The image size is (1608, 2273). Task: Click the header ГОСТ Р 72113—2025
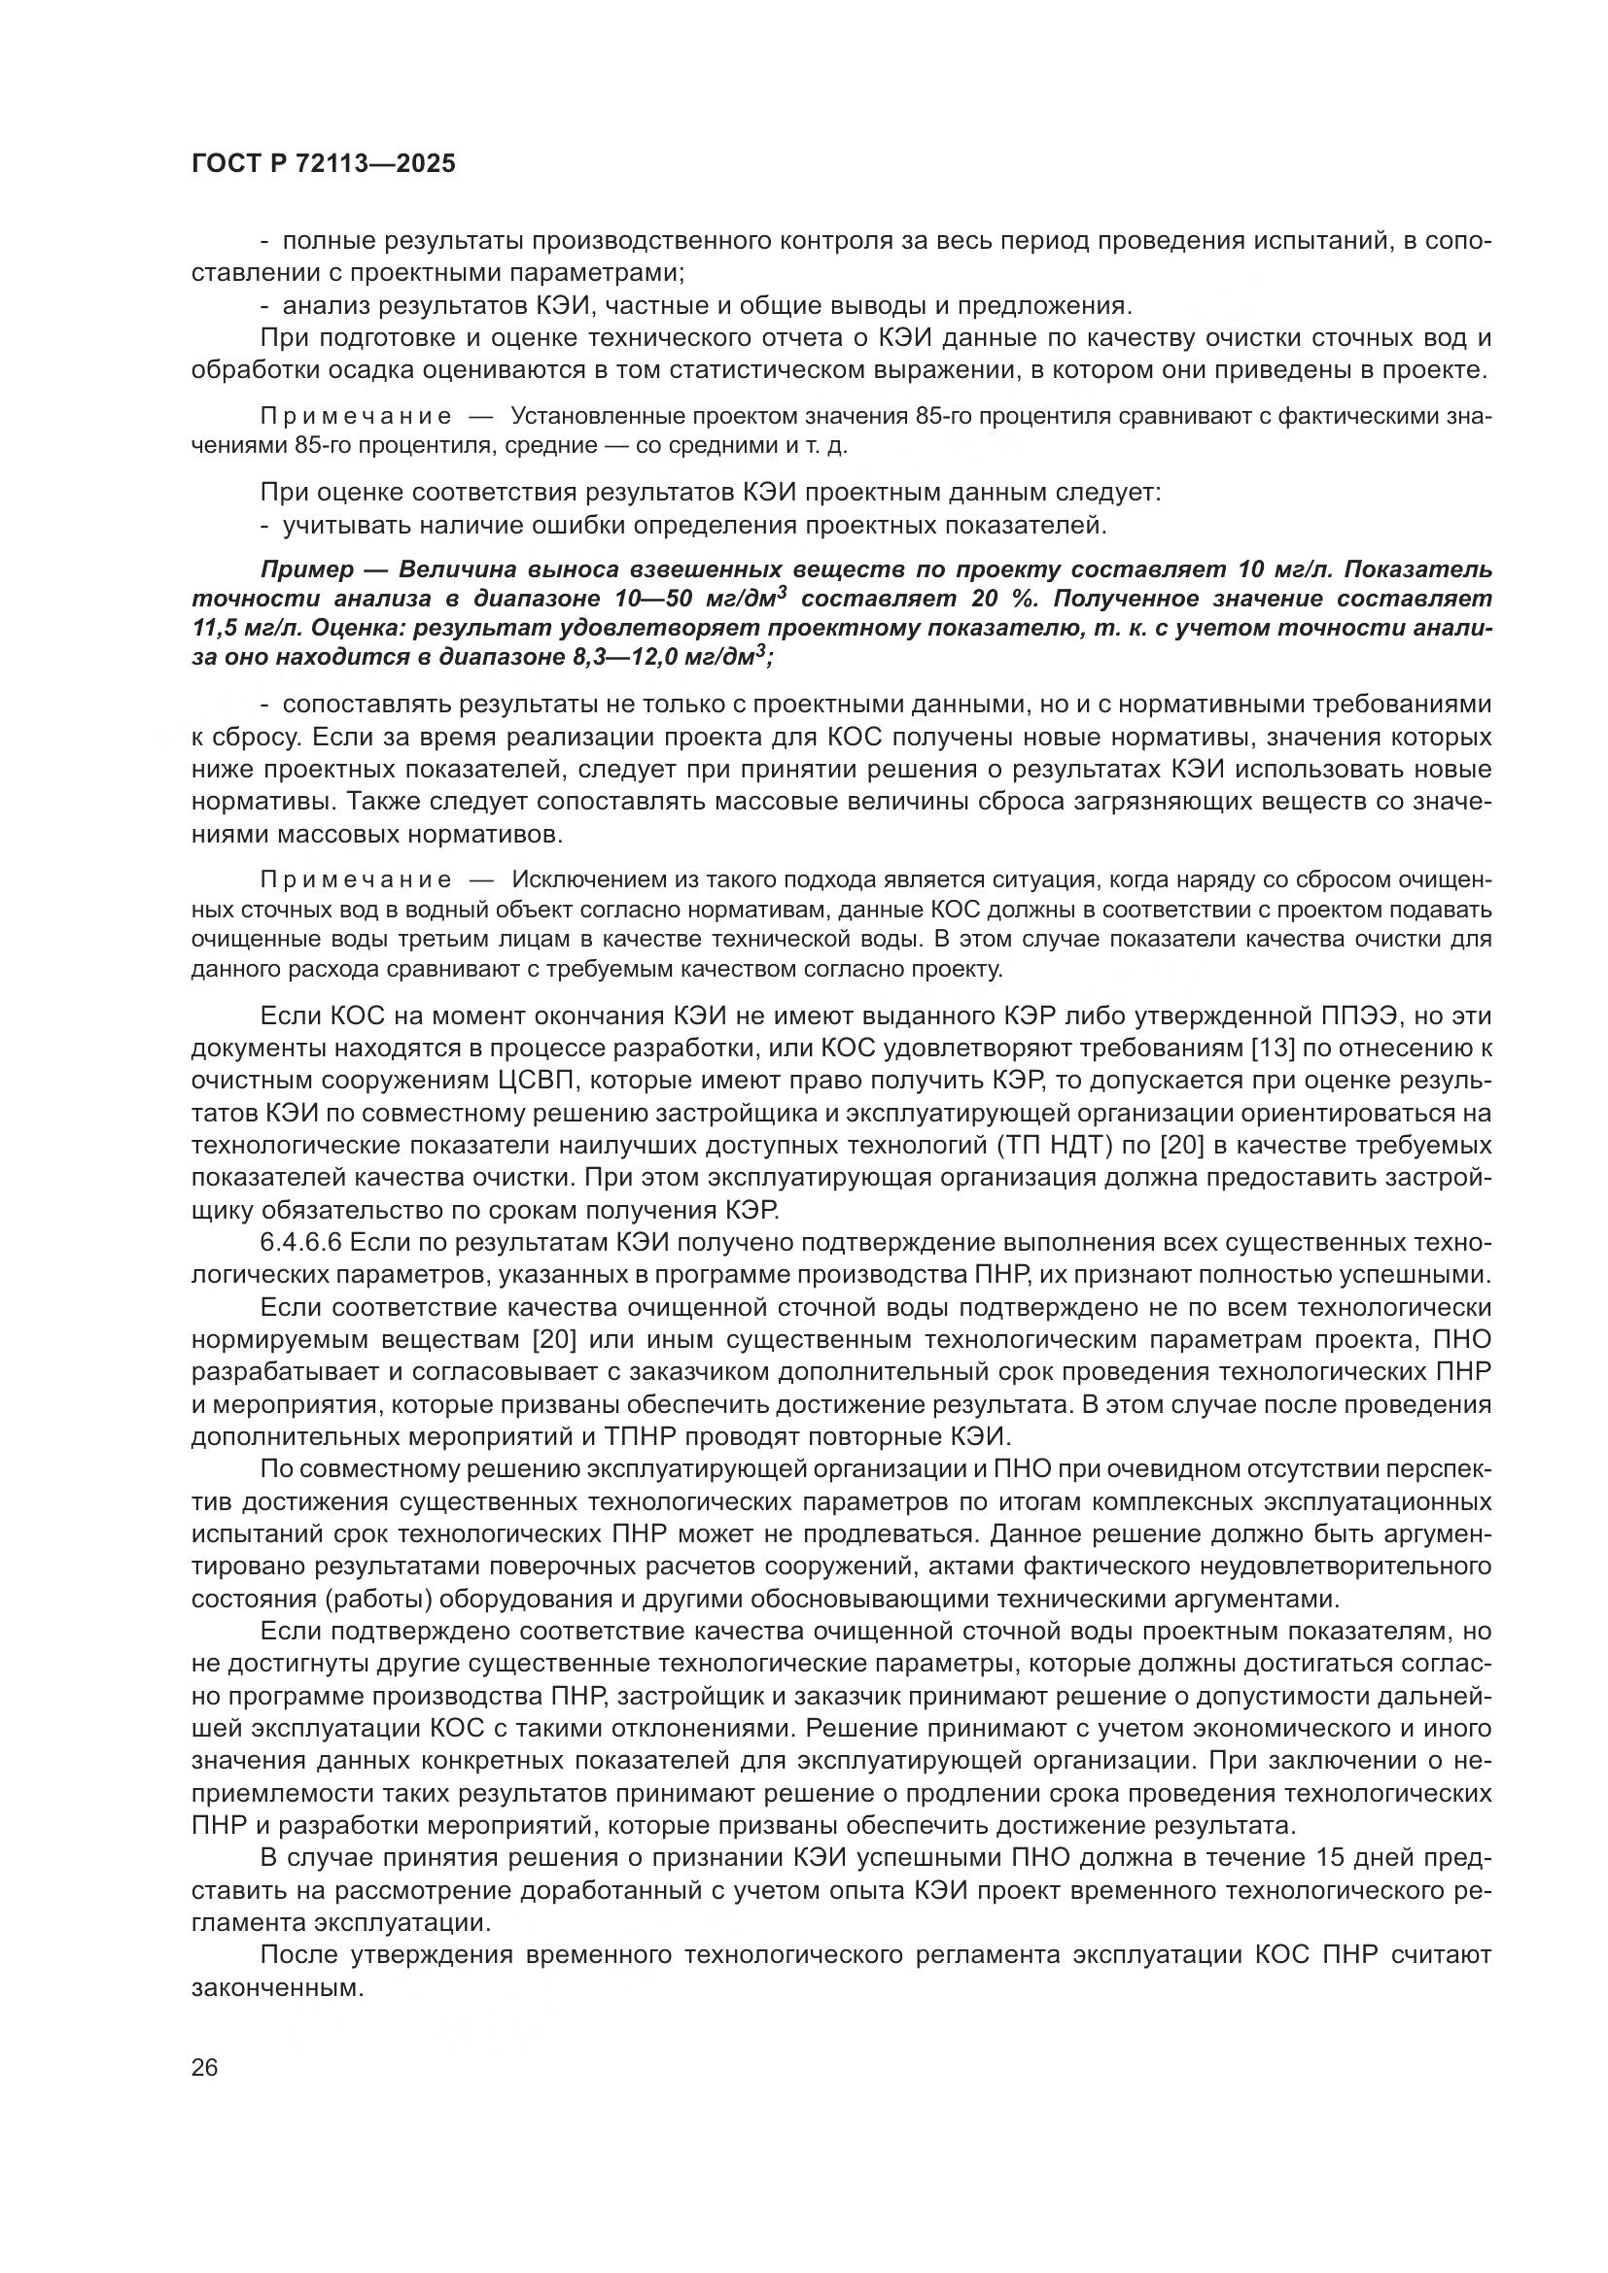[x=324, y=164]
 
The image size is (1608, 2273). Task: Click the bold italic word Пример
[x=306, y=570]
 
